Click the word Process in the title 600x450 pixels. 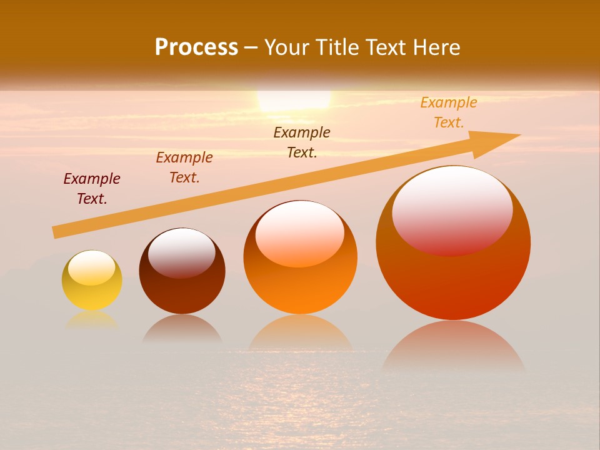(196, 47)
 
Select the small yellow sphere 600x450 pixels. (92, 280)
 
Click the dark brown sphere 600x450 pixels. (182, 271)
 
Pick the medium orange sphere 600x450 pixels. (300, 257)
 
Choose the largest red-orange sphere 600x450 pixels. (453, 244)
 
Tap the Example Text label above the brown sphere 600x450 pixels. (184, 167)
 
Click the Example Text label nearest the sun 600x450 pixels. (302, 142)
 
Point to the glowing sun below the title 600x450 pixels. (294, 100)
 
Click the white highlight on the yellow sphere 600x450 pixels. (92, 267)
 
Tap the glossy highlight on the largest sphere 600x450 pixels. (452, 209)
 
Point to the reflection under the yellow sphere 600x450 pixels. (92, 320)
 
